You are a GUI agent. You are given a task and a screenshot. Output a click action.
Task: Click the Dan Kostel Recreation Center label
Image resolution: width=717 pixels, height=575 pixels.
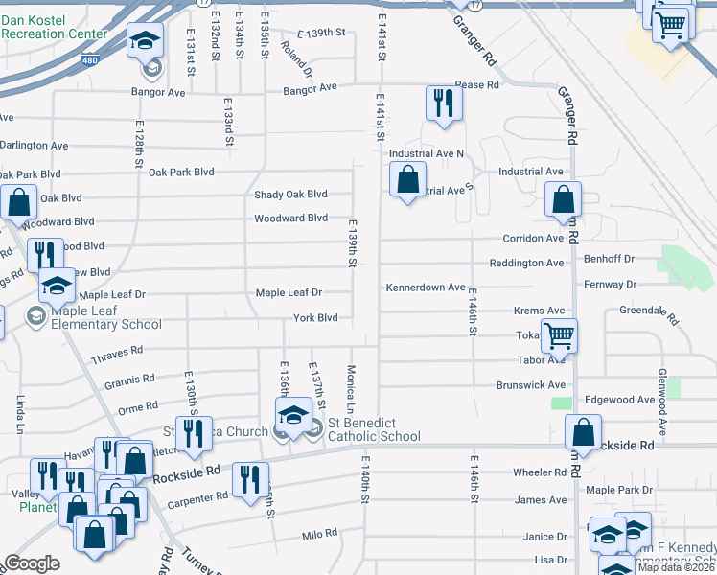55,27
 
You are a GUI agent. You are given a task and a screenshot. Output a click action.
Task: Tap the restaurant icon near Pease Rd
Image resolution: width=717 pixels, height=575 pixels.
443,103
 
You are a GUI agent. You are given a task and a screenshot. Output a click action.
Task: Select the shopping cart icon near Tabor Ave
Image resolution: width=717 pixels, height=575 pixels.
559,336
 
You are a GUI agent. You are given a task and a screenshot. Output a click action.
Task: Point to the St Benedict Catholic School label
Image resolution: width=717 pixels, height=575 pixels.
374,430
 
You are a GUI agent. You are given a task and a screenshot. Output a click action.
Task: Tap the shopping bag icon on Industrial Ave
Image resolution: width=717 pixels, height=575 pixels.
408,179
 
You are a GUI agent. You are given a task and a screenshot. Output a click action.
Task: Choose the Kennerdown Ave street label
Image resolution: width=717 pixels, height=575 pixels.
425,287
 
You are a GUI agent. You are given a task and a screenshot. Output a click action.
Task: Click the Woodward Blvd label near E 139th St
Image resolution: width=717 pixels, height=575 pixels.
290,218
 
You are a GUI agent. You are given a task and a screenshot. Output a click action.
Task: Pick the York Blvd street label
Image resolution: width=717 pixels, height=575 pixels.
315,317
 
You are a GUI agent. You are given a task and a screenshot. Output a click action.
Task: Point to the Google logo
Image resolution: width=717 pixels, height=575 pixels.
32,563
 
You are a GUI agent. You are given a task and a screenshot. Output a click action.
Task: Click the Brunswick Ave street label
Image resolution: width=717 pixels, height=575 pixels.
530,385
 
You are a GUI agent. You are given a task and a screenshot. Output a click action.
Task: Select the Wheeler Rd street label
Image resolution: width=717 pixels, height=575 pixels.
540,472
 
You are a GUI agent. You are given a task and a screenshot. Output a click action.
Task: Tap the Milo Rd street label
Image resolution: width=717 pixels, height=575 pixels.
320,534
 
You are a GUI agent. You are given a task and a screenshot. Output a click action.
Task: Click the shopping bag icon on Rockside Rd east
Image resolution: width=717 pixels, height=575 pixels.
583,433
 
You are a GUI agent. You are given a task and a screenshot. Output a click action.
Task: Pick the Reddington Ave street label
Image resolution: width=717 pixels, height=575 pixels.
526,263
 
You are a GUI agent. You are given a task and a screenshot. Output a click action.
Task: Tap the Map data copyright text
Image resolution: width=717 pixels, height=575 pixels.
677,566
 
